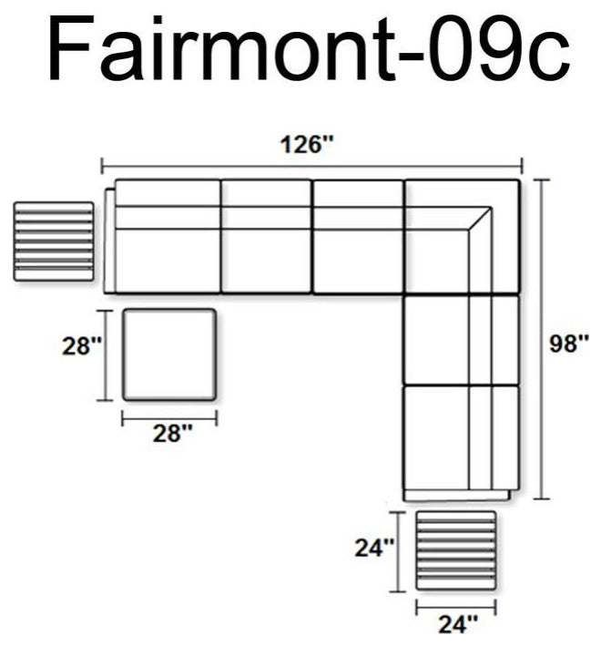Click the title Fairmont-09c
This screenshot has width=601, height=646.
[309, 47]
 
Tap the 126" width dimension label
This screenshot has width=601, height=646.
[306, 145]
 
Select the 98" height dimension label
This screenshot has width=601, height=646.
[569, 343]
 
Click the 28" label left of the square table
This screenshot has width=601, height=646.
[82, 345]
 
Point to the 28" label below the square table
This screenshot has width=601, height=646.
[172, 433]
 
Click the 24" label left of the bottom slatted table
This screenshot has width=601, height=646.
[374, 548]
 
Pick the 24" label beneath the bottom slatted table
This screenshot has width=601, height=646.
[458, 624]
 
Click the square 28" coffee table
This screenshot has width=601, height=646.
[169, 354]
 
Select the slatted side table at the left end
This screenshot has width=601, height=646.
[54, 241]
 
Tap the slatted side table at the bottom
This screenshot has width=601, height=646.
[456, 550]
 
